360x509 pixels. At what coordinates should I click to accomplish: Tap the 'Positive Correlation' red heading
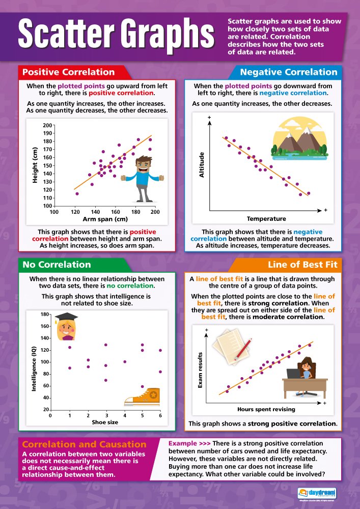[68, 72]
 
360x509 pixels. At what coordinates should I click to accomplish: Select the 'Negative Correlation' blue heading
[288, 72]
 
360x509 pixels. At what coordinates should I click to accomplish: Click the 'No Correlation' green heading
[57, 265]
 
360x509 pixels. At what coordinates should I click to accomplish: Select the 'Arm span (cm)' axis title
[105, 219]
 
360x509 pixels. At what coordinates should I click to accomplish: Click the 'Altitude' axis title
[201, 164]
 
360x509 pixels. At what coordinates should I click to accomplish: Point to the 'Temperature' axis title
[266, 219]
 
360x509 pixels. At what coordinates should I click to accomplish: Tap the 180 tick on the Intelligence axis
[45, 315]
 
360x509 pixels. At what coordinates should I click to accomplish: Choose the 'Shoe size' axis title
[105, 422]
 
